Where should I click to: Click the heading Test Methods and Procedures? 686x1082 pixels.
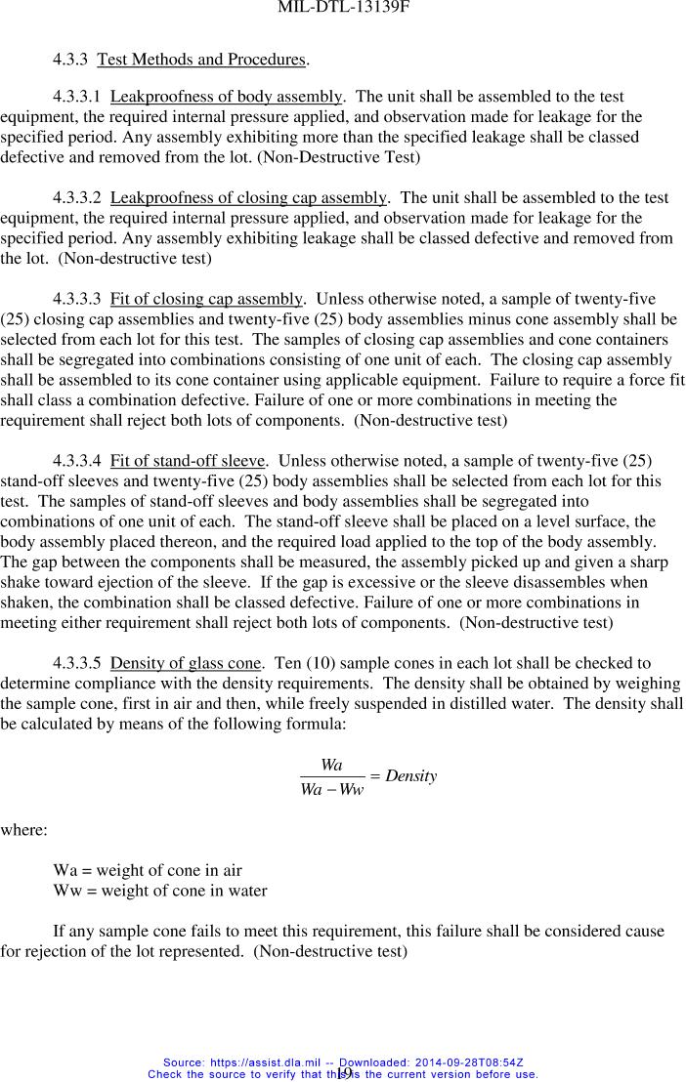point(202,60)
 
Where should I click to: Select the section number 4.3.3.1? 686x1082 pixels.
point(77,97)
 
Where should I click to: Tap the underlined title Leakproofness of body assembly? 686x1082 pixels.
point(226,97)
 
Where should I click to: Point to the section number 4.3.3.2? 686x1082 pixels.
point(77,197)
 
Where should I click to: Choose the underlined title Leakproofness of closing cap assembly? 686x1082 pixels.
point(249,197)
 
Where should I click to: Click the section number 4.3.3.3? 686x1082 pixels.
point(77,298)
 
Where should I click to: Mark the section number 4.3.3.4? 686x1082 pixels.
point(77,460)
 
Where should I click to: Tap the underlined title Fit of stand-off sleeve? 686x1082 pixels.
point(188,460)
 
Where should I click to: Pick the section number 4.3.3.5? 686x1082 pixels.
point(77,663)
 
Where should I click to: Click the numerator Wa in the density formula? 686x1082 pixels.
point(331,766)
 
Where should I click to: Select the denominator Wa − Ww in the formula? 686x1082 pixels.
point(331,789)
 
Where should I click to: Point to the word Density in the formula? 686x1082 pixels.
point(410,776)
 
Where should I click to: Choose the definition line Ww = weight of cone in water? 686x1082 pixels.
point(160,891)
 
